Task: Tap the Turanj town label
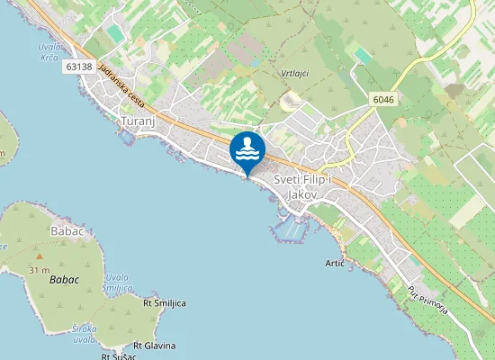[x=139, y=120]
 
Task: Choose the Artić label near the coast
[x=335, y=263]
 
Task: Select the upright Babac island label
[x=67, y=231]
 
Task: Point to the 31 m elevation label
[x=39, y=270]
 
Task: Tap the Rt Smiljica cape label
[x=164, y=303]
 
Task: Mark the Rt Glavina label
[x=155, y=346]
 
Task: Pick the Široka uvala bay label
[x=85, y=334]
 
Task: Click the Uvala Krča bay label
[x=50, y=51]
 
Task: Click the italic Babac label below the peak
[x=64, y=280]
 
